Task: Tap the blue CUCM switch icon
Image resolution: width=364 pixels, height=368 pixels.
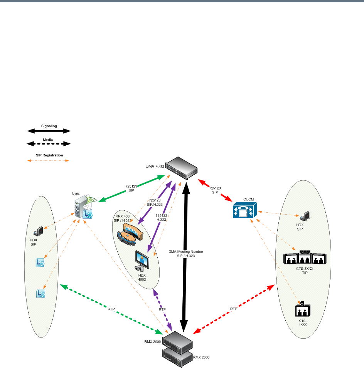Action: pos(241,212)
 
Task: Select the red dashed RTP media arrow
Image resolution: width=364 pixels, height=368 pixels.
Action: pos(233,308)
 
